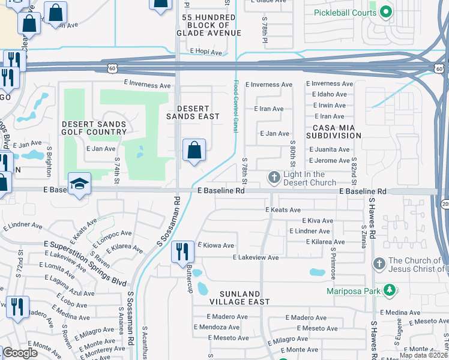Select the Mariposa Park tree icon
pyautogui.click(x=390, y=291)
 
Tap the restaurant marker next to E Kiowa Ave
pyautogui.click(x=182, y=252)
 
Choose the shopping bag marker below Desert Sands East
pyautogui.click(x=194, y=151)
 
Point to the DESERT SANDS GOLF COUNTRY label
pyautogui.click(x=94, y=128)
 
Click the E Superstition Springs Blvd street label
pyautogui.click(x=85, y=256)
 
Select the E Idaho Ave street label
pyautogui.click(x=326, y=94)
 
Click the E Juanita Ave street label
pyautogui.click(x=328, y=149)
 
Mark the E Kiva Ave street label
pyautogui.click(x=316, y=221)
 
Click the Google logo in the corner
pyautogui.click(x=20, y=353)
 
